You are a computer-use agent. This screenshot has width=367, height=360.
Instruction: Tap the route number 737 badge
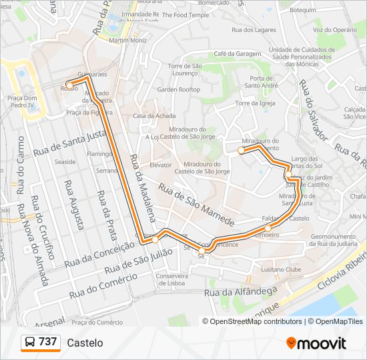coord(41,342)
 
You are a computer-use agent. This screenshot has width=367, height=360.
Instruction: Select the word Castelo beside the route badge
coord(85,343)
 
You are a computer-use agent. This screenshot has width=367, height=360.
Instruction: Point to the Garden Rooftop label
coord(178,89)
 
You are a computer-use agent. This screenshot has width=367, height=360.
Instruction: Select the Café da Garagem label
coord(236,53)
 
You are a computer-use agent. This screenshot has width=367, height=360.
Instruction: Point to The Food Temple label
coord(185,15)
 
